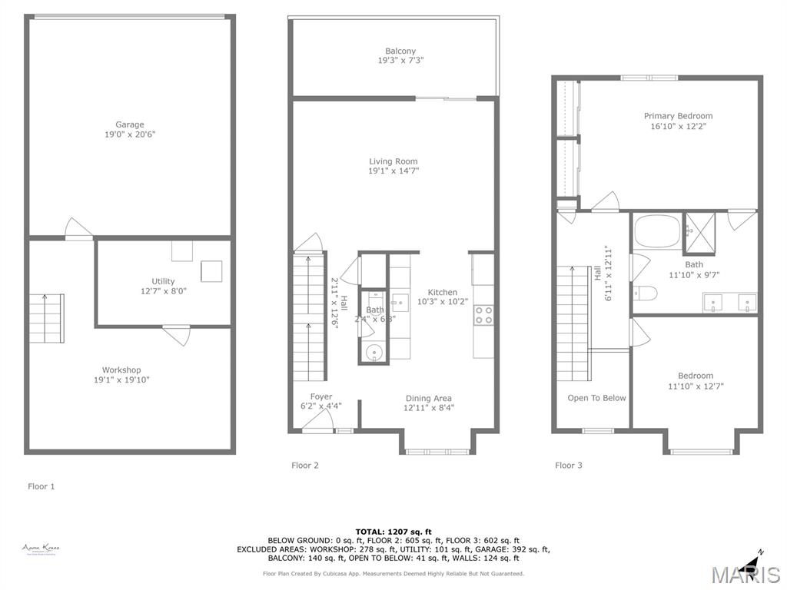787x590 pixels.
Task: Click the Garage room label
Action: click(129, 124)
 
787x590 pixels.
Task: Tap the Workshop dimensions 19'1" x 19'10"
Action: click(121, 380)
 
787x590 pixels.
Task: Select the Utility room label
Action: click(163, 281)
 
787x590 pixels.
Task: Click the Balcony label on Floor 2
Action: click(400, 51)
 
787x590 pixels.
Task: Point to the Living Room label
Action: click(393, 161)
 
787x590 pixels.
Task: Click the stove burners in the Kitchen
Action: click(483, 313)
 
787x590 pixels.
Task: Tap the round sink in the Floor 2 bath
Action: click(374, 353)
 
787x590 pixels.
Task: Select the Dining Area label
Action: click(428, 398)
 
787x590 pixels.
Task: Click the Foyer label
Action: click(321, 396)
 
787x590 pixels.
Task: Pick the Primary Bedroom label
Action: click(678, 116)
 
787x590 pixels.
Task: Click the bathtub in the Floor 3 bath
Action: click(658, 230)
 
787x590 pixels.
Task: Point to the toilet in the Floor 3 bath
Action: click(644, 293)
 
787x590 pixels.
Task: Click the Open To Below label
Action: click(596, 398)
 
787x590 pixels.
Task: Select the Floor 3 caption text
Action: click(568, 465)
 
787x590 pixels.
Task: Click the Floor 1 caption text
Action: click(42, 486)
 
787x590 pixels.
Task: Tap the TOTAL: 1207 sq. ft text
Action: click(393, 532)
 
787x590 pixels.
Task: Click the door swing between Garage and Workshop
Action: click(78, 229)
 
